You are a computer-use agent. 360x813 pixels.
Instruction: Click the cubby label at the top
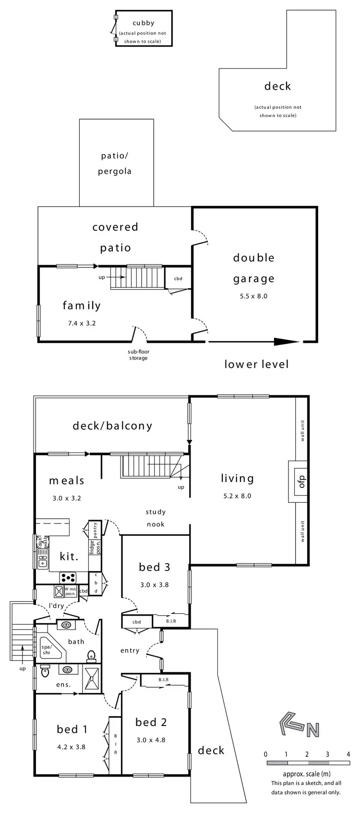coord(144,23)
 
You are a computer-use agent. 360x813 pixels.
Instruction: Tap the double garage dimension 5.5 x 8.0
coord(253,296)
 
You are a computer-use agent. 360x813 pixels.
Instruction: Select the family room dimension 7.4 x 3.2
coord(82,323)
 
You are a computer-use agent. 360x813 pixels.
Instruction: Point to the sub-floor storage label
coord(138,355)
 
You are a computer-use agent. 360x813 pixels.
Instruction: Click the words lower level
coord(257,364)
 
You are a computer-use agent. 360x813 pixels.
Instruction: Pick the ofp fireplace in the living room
coord(301,482)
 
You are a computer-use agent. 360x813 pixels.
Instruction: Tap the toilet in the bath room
coord(91,655)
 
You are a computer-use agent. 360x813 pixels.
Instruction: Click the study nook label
coord(156,518)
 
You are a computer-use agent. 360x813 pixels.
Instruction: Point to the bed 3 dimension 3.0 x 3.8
coord(154,585)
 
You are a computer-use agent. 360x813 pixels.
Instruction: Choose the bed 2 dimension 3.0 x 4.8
coord(151,740)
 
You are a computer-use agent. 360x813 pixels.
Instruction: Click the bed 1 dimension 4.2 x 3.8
coord(72,747)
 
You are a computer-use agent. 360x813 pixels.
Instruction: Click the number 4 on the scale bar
coord(348,754)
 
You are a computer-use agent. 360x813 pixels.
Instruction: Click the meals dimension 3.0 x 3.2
coord(67,498)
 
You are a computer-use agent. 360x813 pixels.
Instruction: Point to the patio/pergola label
coord(115,164)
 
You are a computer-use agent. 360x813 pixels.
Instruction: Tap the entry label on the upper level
coord(130,651)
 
